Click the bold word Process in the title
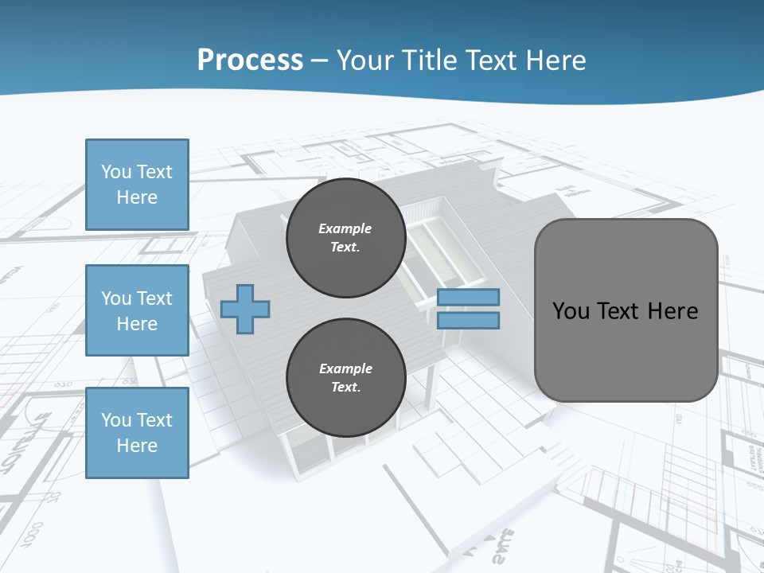(250, 60)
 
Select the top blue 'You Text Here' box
(137, 185)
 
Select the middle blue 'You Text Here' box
(137, 310)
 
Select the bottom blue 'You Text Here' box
(137, 433)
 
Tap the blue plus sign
(245, 309)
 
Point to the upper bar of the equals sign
(468, 297)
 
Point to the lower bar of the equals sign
(468, 321)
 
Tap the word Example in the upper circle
(345, 228)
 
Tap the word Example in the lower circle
(345, 368)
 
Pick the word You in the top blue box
(115, 172)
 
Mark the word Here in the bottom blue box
(137, 446)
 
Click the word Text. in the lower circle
(345, 388)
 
